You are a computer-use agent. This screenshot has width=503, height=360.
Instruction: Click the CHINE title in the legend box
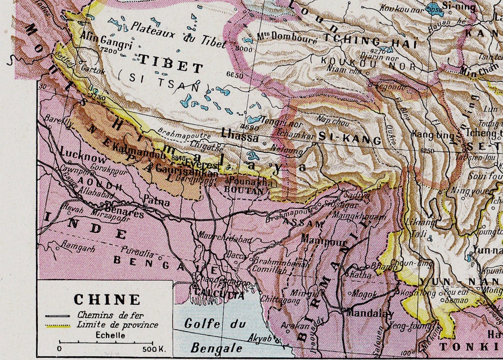pos(107,299)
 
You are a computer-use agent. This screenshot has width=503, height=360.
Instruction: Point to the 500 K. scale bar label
pos(153,349)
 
